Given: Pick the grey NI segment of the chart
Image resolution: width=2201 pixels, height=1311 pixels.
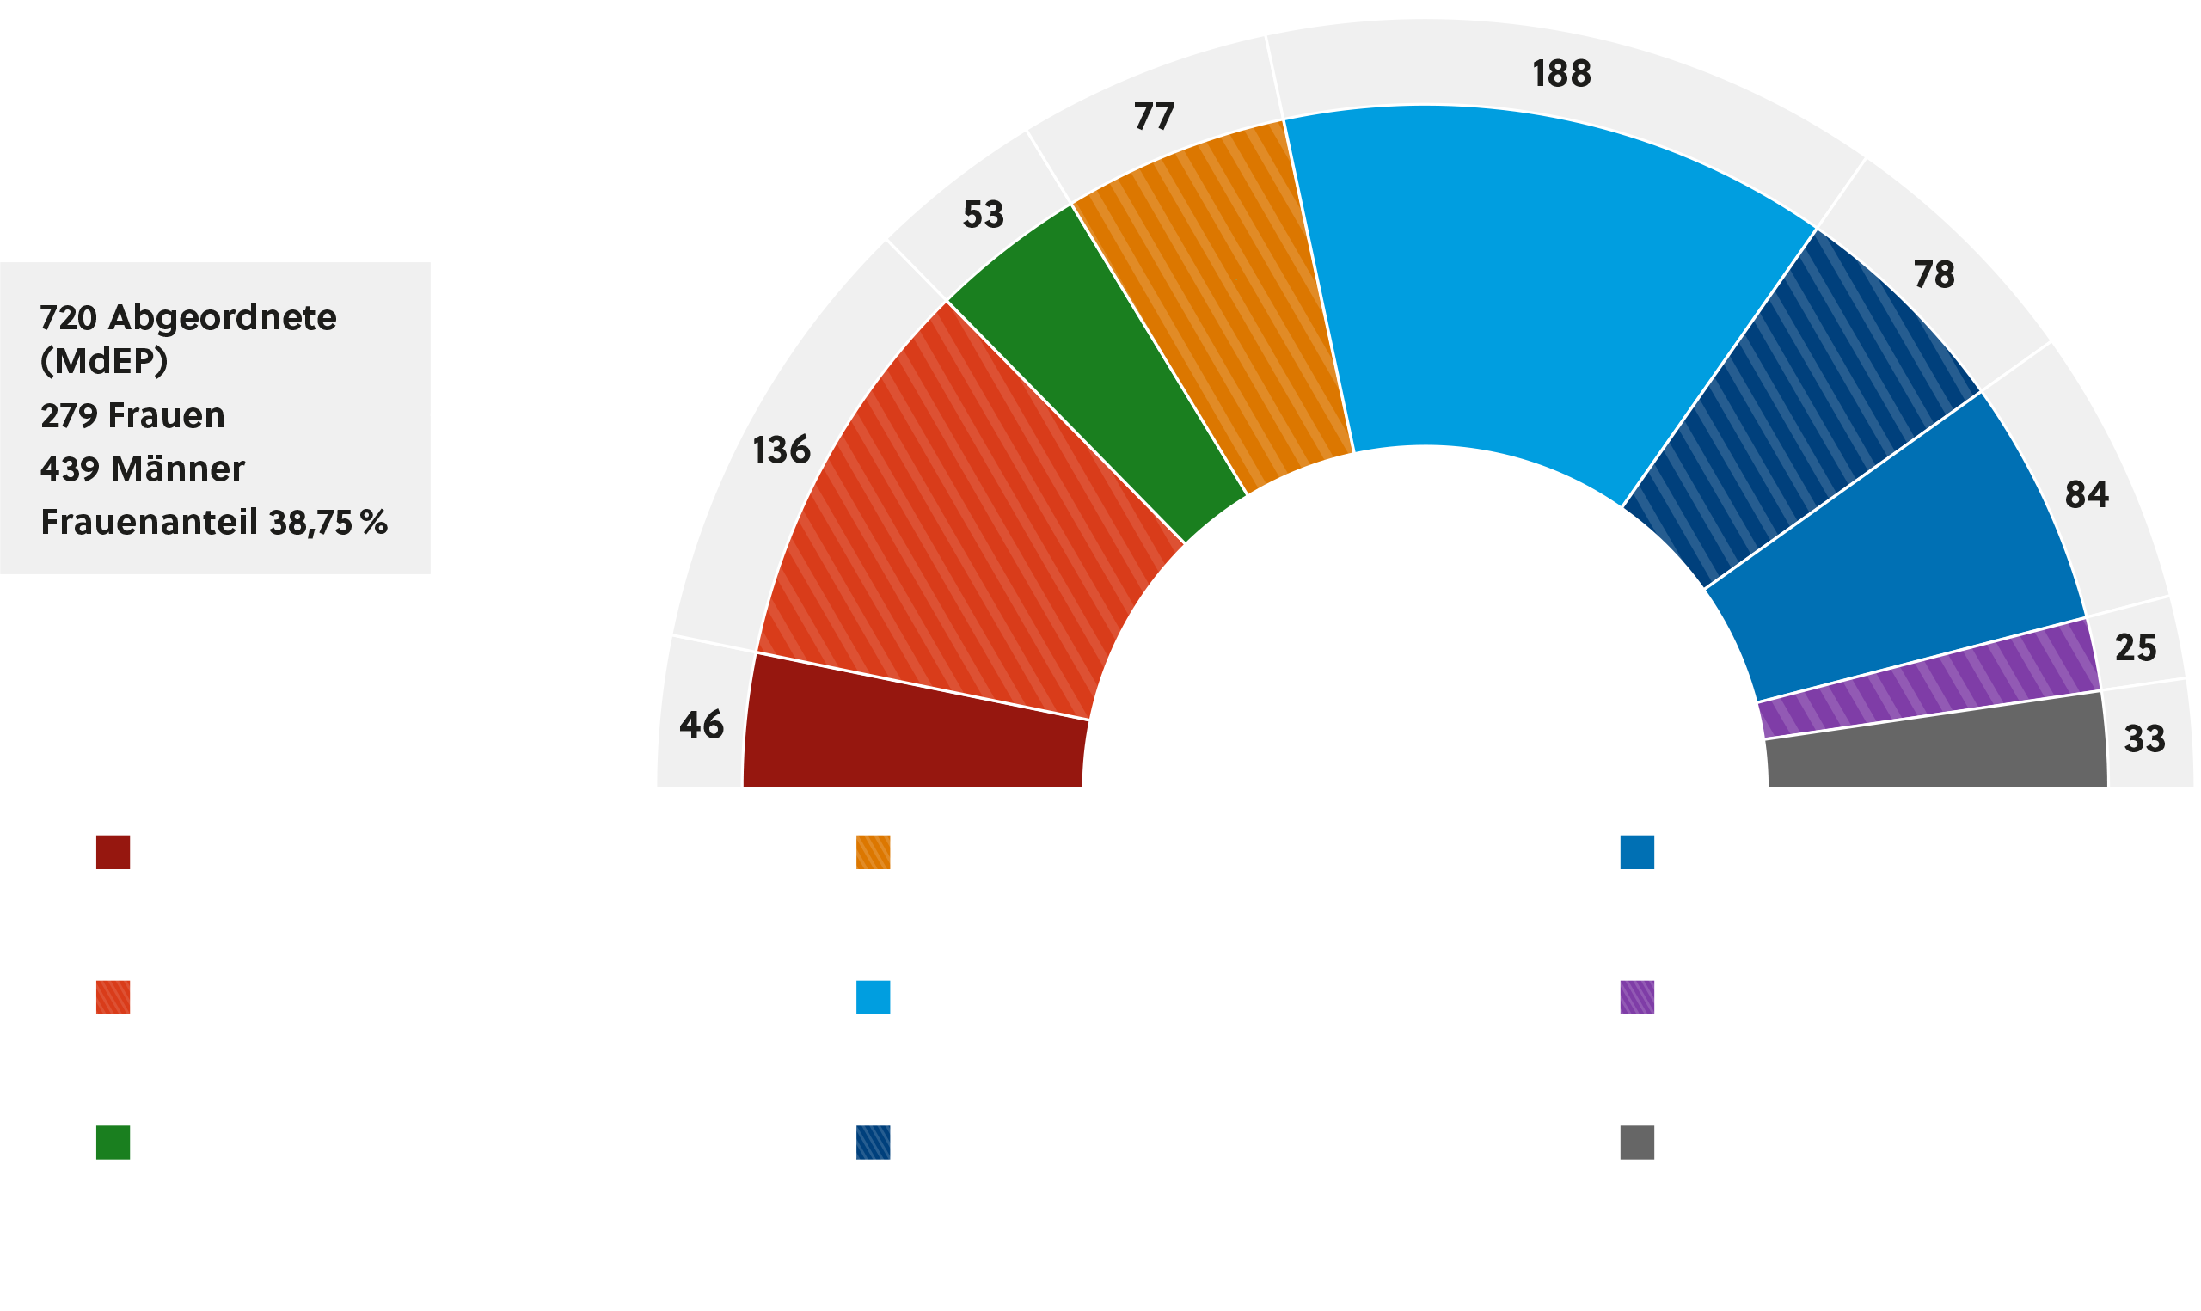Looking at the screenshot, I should tap(1934, 746).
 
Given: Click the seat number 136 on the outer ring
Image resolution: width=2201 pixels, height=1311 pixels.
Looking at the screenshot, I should tap(781, 450).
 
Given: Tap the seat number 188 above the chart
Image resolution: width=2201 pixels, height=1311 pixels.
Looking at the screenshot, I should tap(1560, 74).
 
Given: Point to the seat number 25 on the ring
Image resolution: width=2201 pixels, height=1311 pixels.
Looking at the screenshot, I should tap(2136, 648).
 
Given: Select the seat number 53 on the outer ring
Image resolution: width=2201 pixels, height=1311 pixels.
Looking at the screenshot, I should tap(982, 215).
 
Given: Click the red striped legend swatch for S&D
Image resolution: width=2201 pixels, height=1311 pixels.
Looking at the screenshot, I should tap(113, 998).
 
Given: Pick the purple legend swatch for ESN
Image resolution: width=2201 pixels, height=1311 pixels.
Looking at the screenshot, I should tap(1637, 998).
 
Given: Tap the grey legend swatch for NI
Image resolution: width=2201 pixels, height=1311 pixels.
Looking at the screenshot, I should tap(1637, 1143).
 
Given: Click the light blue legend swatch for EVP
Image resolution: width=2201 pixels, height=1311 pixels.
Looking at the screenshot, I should tap(873, 998).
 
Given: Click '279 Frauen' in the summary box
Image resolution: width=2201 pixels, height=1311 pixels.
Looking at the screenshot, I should tap(132, 415).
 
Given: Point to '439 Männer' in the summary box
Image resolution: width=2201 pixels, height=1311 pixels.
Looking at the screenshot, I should tap(142, 469).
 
